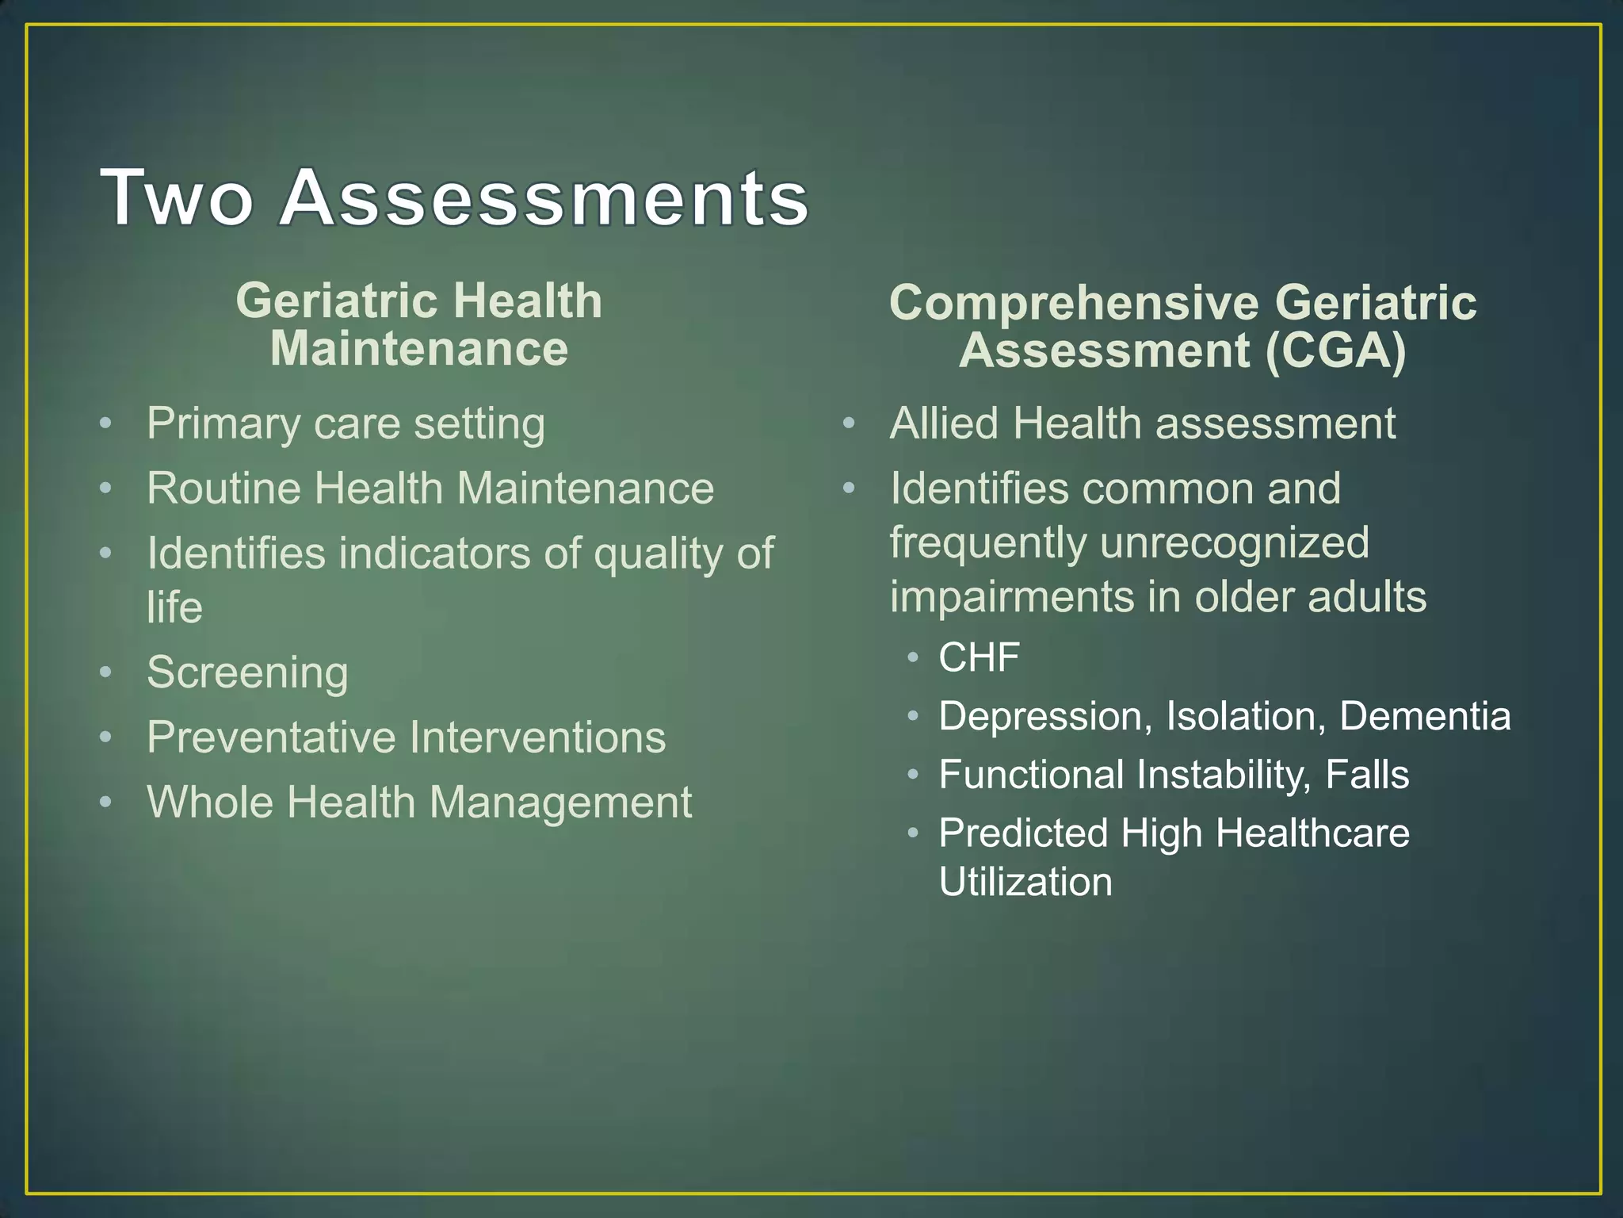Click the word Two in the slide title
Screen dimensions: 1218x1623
177,198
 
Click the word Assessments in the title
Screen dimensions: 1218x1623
544,198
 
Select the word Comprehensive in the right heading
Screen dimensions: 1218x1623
1074,303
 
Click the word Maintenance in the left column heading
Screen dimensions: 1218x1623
419,349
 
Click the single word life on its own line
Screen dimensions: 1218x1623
174,608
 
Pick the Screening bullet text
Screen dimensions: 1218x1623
247,673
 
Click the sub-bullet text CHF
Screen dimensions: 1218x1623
979,657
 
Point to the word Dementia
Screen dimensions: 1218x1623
1424,716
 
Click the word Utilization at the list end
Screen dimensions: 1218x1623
1025,883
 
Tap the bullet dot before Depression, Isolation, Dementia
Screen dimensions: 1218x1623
913,717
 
